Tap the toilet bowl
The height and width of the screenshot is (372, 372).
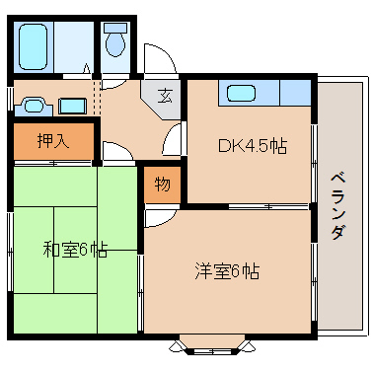pyautogui.click(x=116, y=44)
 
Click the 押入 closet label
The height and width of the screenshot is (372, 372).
pyautogui.click(x=54, y=141)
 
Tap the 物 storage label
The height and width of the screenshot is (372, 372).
pyautogui.click(x=162, y=185)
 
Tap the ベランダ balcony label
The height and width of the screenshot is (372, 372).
pyautogui.click(x=336, y=205)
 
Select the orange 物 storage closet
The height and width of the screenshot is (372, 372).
pyautogui.click(x=162, y=185)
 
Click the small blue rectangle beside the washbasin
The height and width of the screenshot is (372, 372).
pyautogui.click(x=71, y=104)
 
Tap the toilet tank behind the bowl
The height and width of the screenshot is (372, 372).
pyautogui.click(x=116, y=28)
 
